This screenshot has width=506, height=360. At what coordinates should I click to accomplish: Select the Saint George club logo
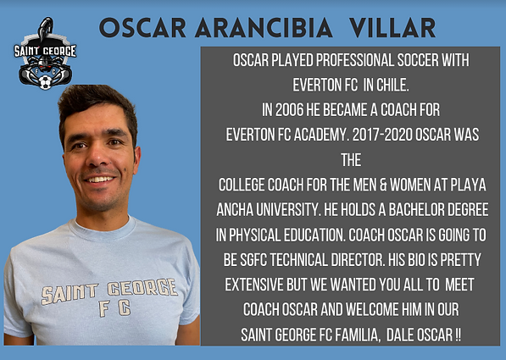pyautogui.click(x=45, y=58)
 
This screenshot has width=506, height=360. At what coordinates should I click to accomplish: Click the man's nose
pyautogui.click(x=99, y=158)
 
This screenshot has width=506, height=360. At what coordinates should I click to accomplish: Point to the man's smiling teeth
pyautogui.click(x=101, y=180)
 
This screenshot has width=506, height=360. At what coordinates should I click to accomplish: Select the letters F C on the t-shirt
pyautogui.click(x=110, y=310)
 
